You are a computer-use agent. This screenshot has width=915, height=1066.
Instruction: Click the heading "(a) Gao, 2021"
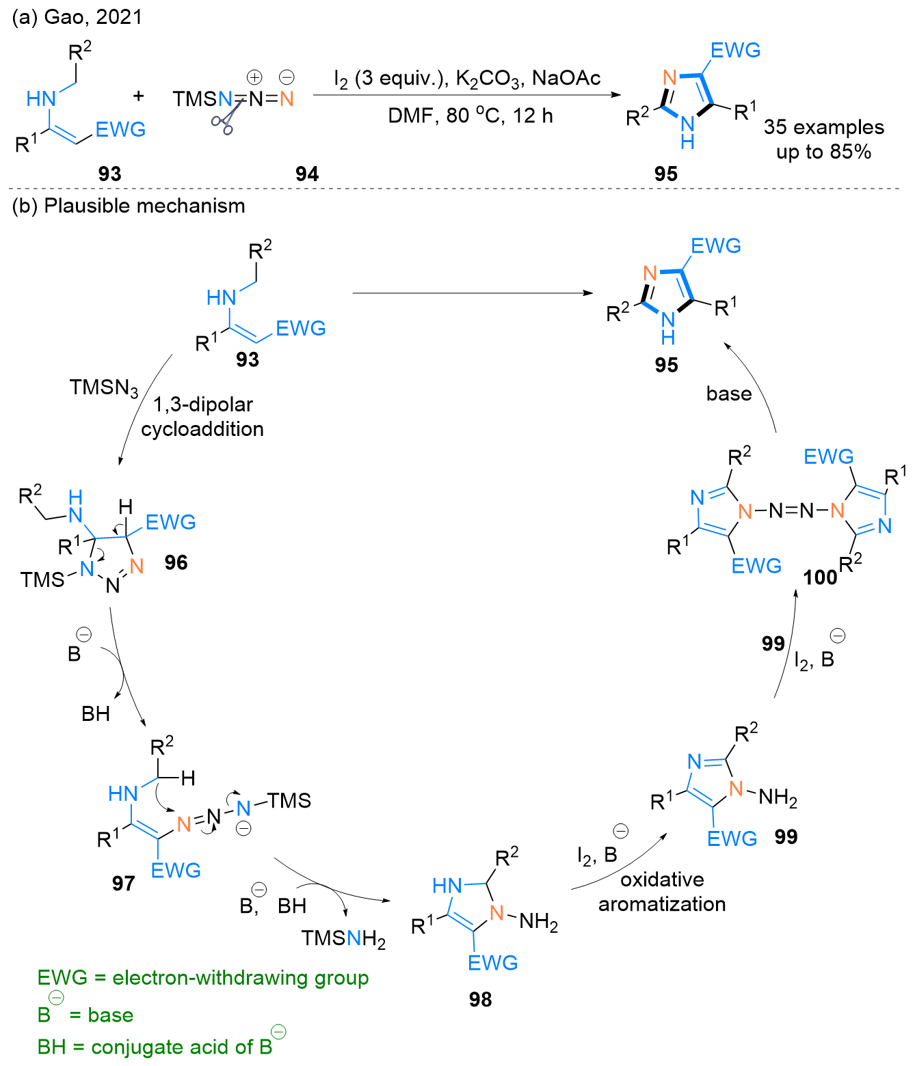pyautogui.click(x=77, y=17)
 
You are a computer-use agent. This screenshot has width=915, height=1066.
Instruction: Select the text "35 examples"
pyautogui.click(x=823, y=127)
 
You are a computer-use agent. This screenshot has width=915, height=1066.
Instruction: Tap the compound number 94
pyautogui.click(x=307, y=174)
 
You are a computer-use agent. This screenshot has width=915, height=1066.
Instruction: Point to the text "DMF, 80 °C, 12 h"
pyautogui.click(x=470, y=116)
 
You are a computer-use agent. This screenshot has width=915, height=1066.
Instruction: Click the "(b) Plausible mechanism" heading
pyautogui.click(x=129, y=206)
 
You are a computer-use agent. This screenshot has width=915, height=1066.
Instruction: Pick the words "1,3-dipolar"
pyautogui.click(x=202, y=405)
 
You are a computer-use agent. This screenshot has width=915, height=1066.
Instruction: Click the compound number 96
pyautogui.click(x=176, y=562)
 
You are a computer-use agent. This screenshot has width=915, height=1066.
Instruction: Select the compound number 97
pyautogui.click(x=123, y=884)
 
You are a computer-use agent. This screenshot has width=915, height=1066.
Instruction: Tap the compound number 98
pyautogui.click(x=480, y=1000)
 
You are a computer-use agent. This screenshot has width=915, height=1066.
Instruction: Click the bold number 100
pyautogui.click(x=820, y=578)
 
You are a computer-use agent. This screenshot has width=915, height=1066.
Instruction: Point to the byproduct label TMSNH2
pyautogui.click(x=343, y=939)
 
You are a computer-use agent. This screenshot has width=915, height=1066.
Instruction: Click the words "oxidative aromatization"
pyautogui.click(x=662, y=892)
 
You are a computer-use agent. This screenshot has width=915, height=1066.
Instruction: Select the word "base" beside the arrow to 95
pyautogui.click(x=728, y=394)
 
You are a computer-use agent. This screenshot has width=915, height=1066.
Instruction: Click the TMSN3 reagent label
pyautogui.click(x=104, y=388)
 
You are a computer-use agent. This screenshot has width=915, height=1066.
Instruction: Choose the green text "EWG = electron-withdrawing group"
pyautogui.click(x=203, y=978)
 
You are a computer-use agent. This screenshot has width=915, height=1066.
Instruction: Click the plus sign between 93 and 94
pyautogui.click(x=138, y=96)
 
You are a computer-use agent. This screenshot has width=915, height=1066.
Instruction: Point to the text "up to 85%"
pyautogui.click(x=823, y=152)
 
